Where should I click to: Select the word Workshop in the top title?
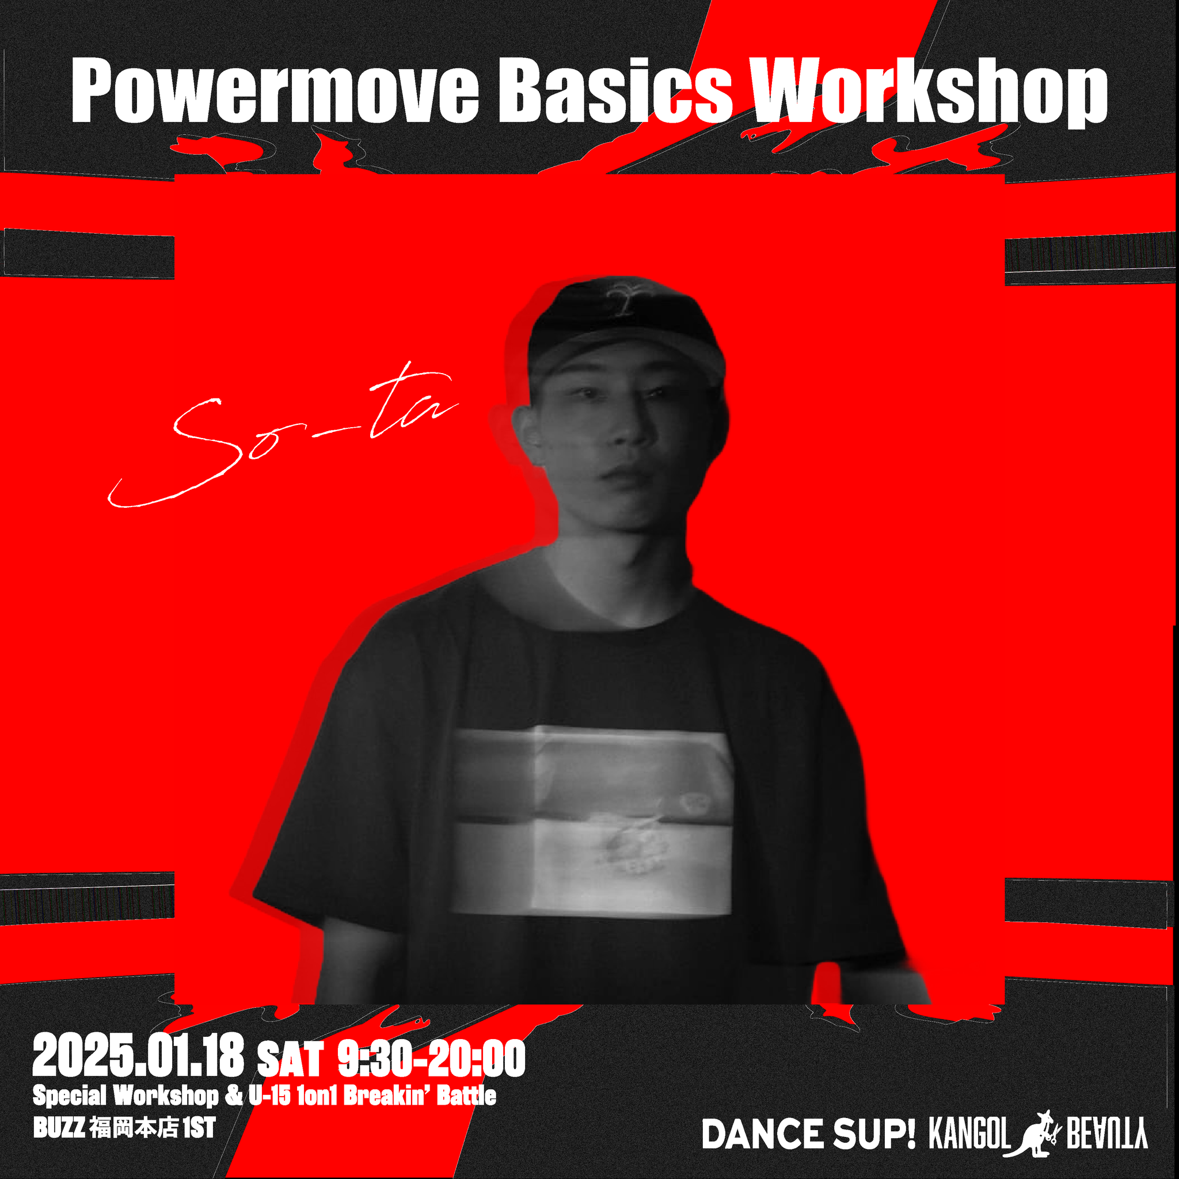[929, 92]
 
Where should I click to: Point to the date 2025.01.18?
[139, 1056]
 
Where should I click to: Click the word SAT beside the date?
[290, 1060]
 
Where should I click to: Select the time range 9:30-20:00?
[431, 1058]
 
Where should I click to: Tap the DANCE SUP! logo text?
[809, 1135]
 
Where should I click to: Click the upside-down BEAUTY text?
[1107, 1135]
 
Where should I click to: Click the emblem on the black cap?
[624, 298]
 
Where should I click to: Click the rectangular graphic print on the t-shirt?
[592, 820]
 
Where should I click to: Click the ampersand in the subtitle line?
[234, 1096]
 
